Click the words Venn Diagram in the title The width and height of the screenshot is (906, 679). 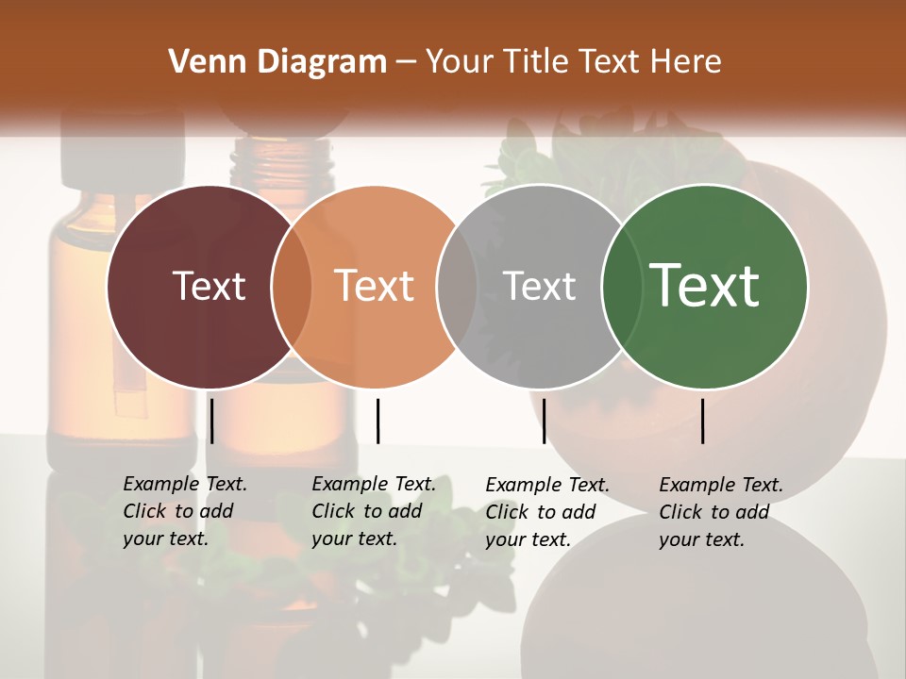pos(277,62)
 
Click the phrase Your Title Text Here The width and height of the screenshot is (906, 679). pos(573,62)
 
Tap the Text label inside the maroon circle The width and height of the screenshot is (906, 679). pos(209,286)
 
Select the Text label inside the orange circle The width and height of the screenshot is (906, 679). pos(375,286)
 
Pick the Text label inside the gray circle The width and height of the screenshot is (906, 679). pos(539,286)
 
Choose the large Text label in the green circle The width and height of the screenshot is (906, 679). pos(705,285)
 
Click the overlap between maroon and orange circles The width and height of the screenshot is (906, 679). pos(292,286)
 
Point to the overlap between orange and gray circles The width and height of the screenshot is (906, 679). pos(457,286)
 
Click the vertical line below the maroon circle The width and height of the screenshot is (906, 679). pos(211,421)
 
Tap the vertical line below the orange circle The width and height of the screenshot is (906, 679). pos(377,421)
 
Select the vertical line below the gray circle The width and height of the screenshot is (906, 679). pos(544,421)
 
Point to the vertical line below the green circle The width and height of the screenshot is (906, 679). pos(702,421)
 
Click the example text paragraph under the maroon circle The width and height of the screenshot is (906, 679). pos(185,511)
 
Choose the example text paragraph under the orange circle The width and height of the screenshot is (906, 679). pos(374,511)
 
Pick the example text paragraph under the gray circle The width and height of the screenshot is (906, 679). pos(547,512)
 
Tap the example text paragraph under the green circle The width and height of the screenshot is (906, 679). pos(721,512)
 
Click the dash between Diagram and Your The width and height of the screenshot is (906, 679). pos(406,63)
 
